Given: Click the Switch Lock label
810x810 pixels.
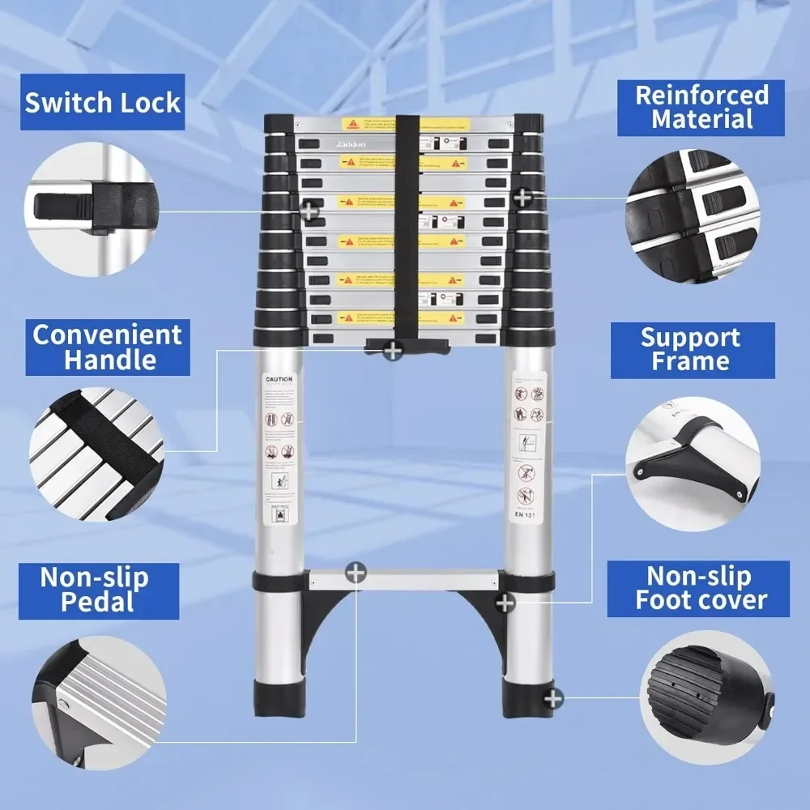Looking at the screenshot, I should point(103,103).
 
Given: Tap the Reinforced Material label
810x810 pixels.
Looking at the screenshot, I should point(701,107).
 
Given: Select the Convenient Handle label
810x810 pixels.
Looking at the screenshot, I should point(108,347).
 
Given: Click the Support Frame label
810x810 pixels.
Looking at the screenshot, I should point(692,350).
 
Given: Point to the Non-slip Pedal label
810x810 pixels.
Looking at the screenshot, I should point(96,590).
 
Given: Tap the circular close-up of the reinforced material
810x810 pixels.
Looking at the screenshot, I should point(694,216).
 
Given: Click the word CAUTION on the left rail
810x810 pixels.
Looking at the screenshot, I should point(279,379).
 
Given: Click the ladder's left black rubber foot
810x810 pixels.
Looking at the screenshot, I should point(277,698).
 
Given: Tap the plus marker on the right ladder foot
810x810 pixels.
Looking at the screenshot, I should point(553,697).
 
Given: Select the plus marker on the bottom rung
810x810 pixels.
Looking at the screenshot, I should point(356,573).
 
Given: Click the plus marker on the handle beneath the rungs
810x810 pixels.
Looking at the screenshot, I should point(393,351).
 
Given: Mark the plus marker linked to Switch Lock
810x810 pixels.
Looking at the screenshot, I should point(309,212).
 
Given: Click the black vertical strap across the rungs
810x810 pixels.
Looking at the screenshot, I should point(407,227).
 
